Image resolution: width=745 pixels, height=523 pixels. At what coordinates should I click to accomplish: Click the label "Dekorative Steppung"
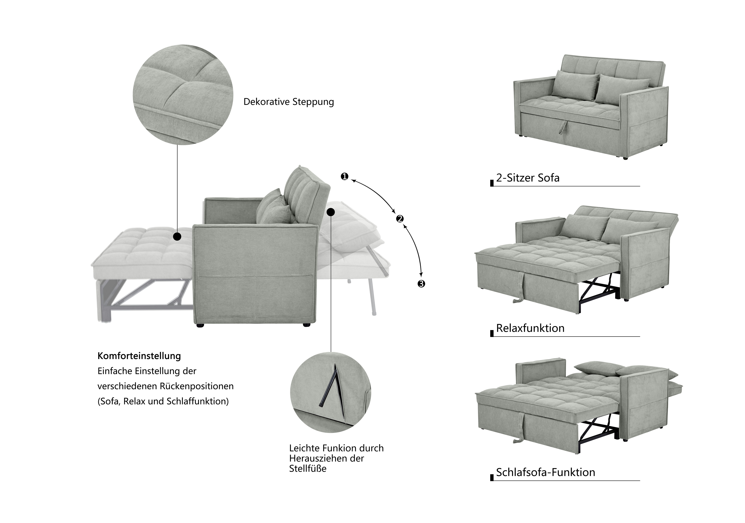289,102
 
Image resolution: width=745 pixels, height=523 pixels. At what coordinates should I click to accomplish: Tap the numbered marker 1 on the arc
344,177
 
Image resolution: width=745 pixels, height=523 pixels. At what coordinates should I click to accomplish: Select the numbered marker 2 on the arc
400,219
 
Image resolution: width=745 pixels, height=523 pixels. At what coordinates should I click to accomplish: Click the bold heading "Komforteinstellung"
139,356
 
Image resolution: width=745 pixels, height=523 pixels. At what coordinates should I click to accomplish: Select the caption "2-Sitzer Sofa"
528,178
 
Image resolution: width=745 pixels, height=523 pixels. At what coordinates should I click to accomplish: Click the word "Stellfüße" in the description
308,469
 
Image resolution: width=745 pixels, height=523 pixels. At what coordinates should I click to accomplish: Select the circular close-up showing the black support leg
330,392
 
